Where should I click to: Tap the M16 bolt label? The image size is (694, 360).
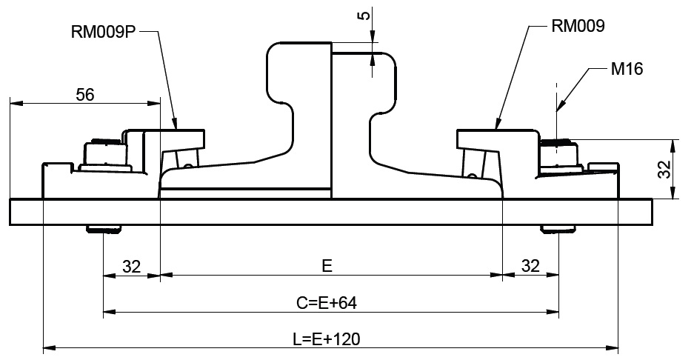pos(627,70)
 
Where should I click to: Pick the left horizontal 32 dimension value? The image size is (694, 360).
pos(132,266)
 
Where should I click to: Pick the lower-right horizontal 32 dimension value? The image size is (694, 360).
pos(530,266)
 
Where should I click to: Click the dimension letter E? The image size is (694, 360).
pos(326,265)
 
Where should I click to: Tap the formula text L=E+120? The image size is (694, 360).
pos(327,339)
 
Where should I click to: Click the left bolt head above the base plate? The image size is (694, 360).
pos(104,155)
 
